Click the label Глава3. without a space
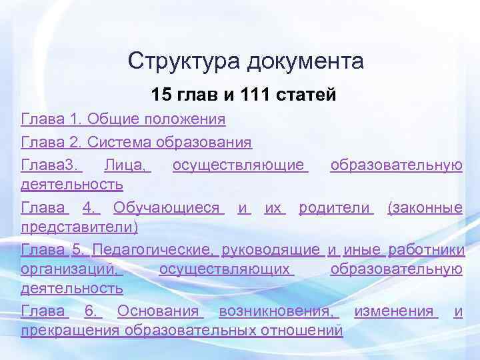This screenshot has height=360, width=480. [50, 165]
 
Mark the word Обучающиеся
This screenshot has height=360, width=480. [167, 208]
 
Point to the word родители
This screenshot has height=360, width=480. [333, 208]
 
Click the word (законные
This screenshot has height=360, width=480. [425, 208]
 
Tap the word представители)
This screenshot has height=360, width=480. [80, 228]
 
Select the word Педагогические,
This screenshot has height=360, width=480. [153, 250]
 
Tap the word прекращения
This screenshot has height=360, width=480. [69, 331]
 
